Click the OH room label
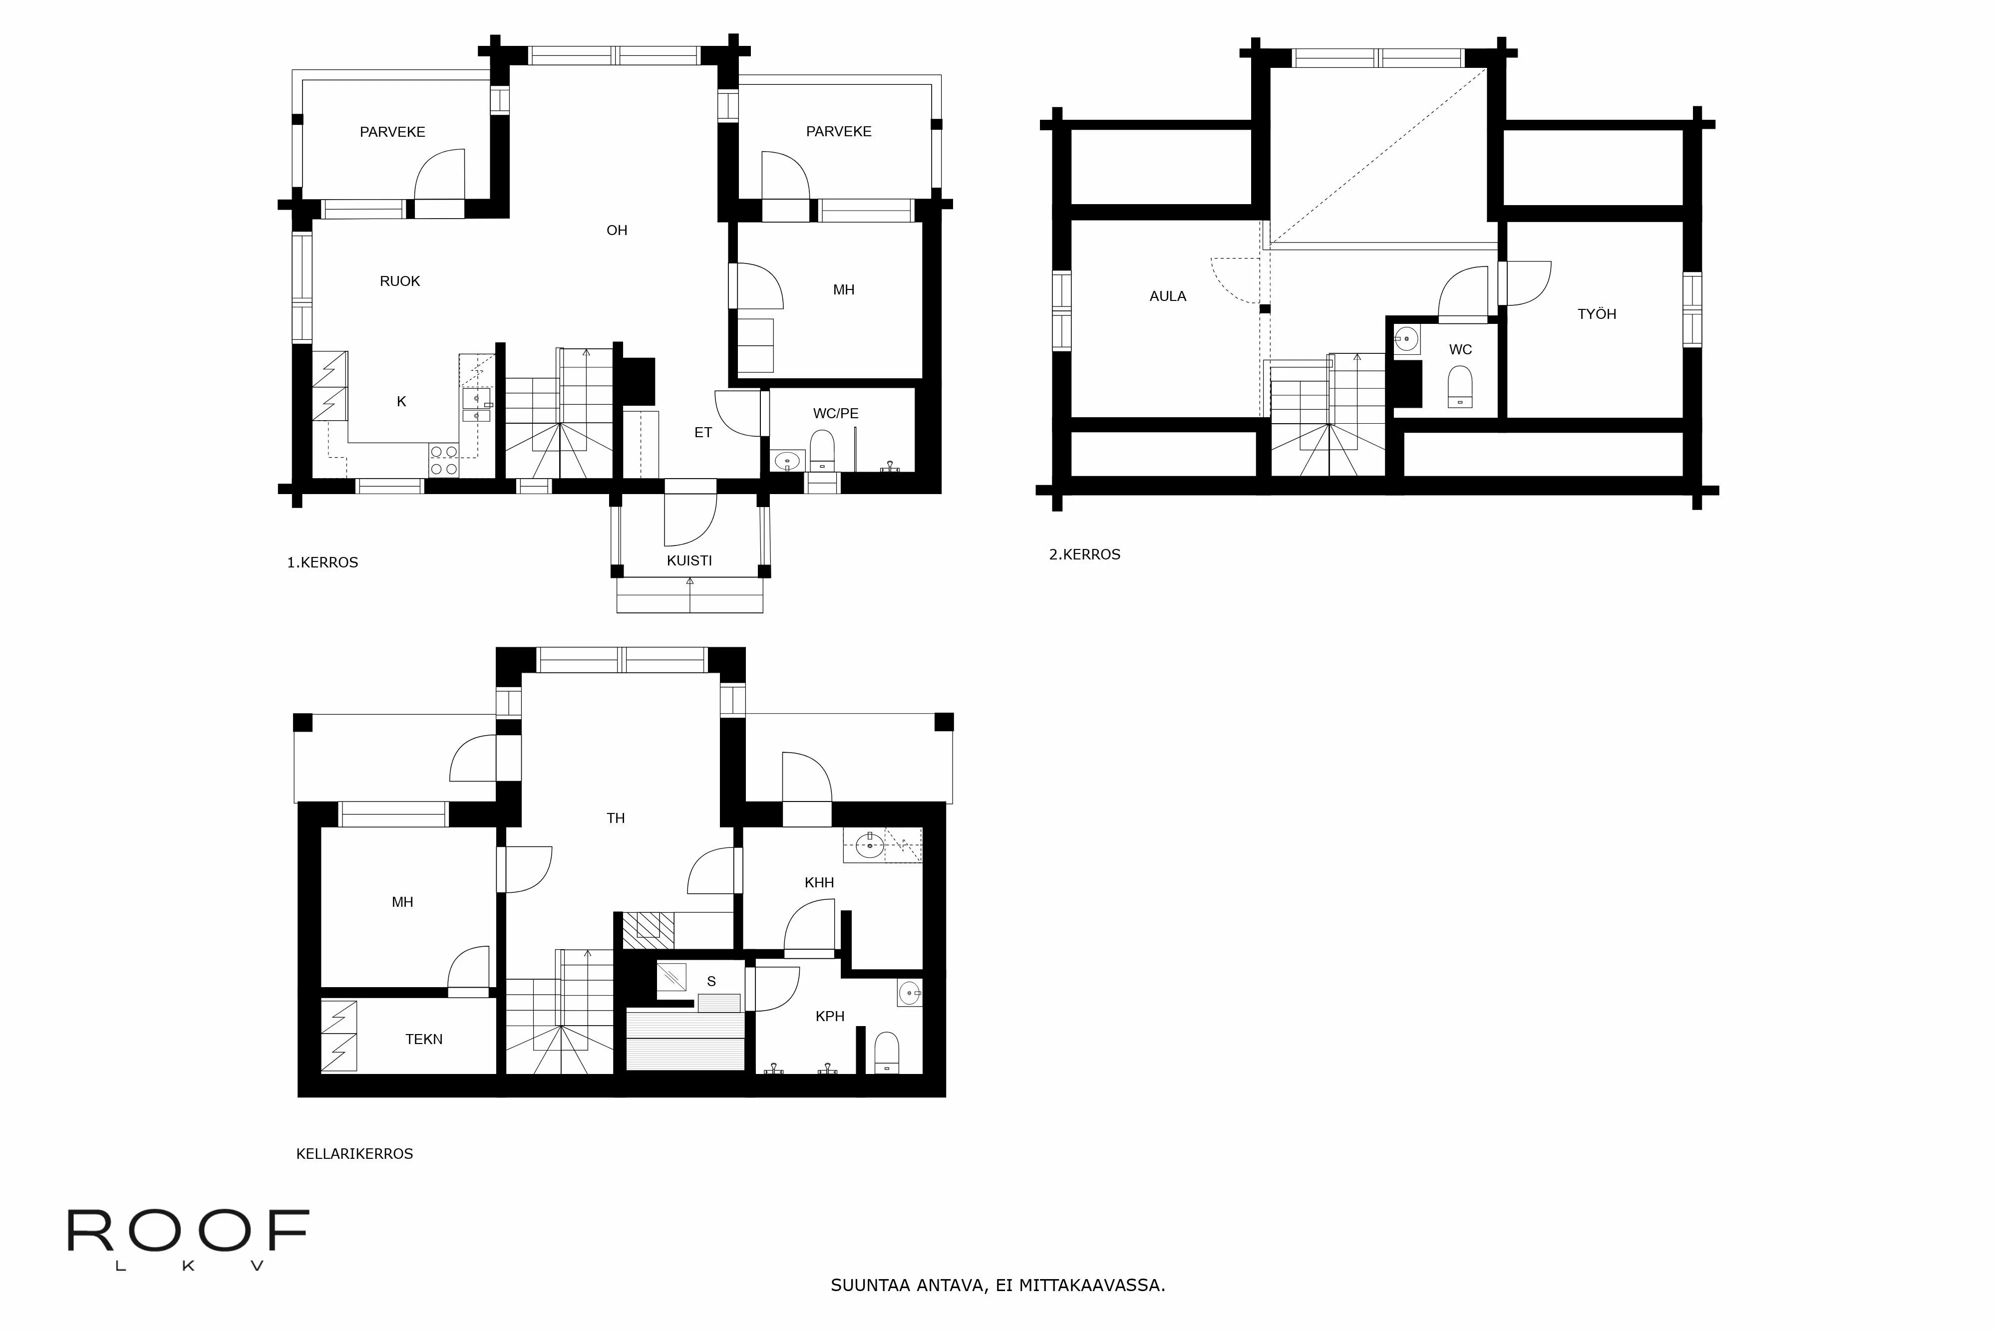[x=617, y=230]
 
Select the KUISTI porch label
[x=688, y=560]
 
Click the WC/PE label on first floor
[x=835, y=413]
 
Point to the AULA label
[x=1167, y=296]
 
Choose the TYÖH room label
[x=1596, y=314]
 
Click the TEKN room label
[x=424, y=1039]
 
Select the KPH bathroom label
[x=830, y=1016]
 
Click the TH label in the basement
[x=616, y=818]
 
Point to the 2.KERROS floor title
[x=1084, y=554]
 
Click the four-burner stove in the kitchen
[x=443, y=460]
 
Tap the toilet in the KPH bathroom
[x=887, y=1053]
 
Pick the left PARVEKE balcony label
[x=392, y=132]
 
